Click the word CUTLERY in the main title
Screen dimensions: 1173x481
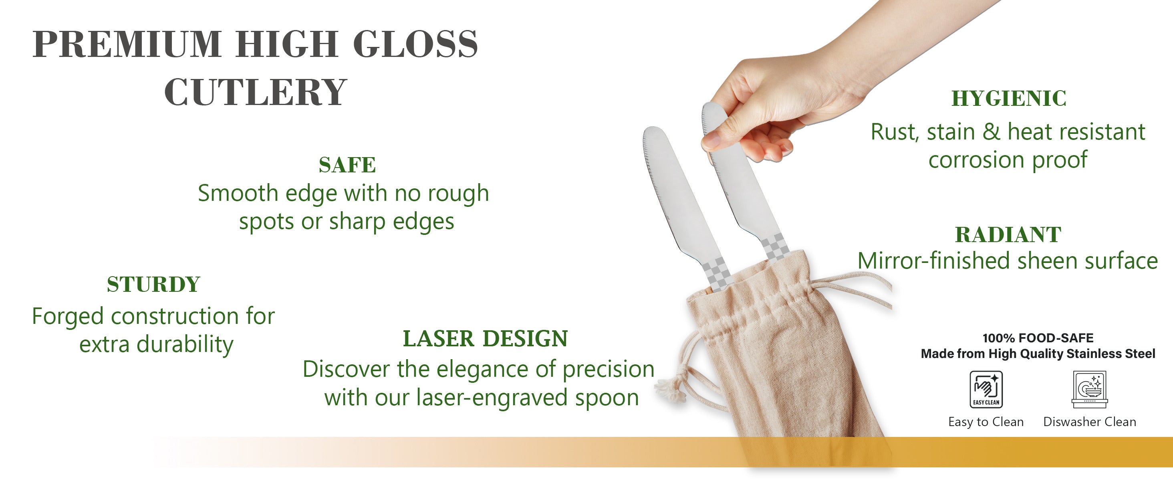[256, 92]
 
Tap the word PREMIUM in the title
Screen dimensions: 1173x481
[127, 44]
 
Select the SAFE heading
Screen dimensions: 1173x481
[347, 165]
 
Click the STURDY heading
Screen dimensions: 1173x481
[153, 284]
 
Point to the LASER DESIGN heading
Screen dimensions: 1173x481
[486, 338]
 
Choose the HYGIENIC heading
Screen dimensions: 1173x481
[1009, 98]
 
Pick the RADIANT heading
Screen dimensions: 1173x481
[1008, 235]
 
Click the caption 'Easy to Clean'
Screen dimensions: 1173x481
[986, 422]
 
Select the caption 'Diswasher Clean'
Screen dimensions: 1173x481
[1090, 422]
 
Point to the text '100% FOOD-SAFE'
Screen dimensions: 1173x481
[1038, 338]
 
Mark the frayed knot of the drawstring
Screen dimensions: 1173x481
[670, 388]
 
